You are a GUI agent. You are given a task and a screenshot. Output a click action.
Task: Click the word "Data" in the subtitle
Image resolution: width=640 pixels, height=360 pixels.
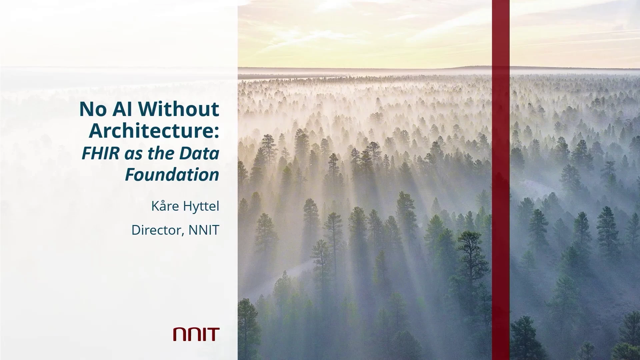point(199,153)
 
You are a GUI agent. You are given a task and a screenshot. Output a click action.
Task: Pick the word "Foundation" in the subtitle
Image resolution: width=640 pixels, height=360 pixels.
point(172,175)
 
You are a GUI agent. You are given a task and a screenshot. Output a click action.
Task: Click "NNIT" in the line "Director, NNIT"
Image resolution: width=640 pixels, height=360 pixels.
point(204,230)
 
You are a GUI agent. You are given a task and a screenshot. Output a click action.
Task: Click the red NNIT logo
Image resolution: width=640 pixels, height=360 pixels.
point(196,334)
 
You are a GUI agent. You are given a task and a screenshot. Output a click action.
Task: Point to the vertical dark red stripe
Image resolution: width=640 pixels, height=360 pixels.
point(501,180)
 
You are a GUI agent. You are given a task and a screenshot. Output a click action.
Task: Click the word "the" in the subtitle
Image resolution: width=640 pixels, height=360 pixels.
point(162,153)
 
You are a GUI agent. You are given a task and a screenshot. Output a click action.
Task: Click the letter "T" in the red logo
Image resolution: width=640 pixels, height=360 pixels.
point(213,334)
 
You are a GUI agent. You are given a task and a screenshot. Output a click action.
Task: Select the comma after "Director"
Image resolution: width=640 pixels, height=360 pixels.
point(183,235)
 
